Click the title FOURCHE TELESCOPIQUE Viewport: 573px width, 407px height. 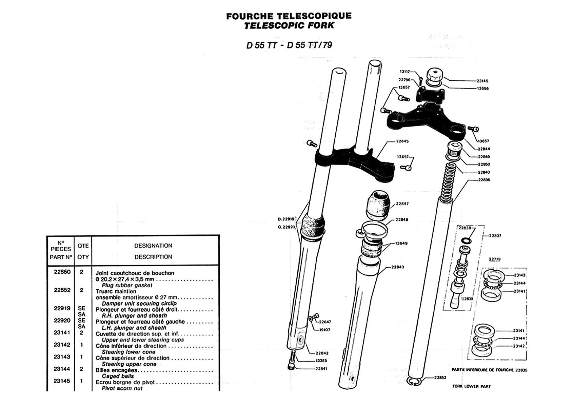tap(289, 16)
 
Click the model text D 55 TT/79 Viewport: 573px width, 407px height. tap(309, 45)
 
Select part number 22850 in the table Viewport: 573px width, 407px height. tap(62, 272)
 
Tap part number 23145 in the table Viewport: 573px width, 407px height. tap(62, 381)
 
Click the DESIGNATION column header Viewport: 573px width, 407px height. tap(153, 246)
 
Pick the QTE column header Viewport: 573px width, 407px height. tap(83, 246)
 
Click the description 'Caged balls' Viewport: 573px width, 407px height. tap(118, 376)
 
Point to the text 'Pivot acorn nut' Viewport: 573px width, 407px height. tap(122, 388)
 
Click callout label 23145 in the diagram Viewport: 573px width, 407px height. tap(482, 81)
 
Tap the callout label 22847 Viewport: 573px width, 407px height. tap(402, 204)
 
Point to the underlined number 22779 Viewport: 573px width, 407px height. tap(495, 259)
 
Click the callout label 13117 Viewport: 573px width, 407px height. tap(404, 72)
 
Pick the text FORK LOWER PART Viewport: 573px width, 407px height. tap(471, 386)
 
